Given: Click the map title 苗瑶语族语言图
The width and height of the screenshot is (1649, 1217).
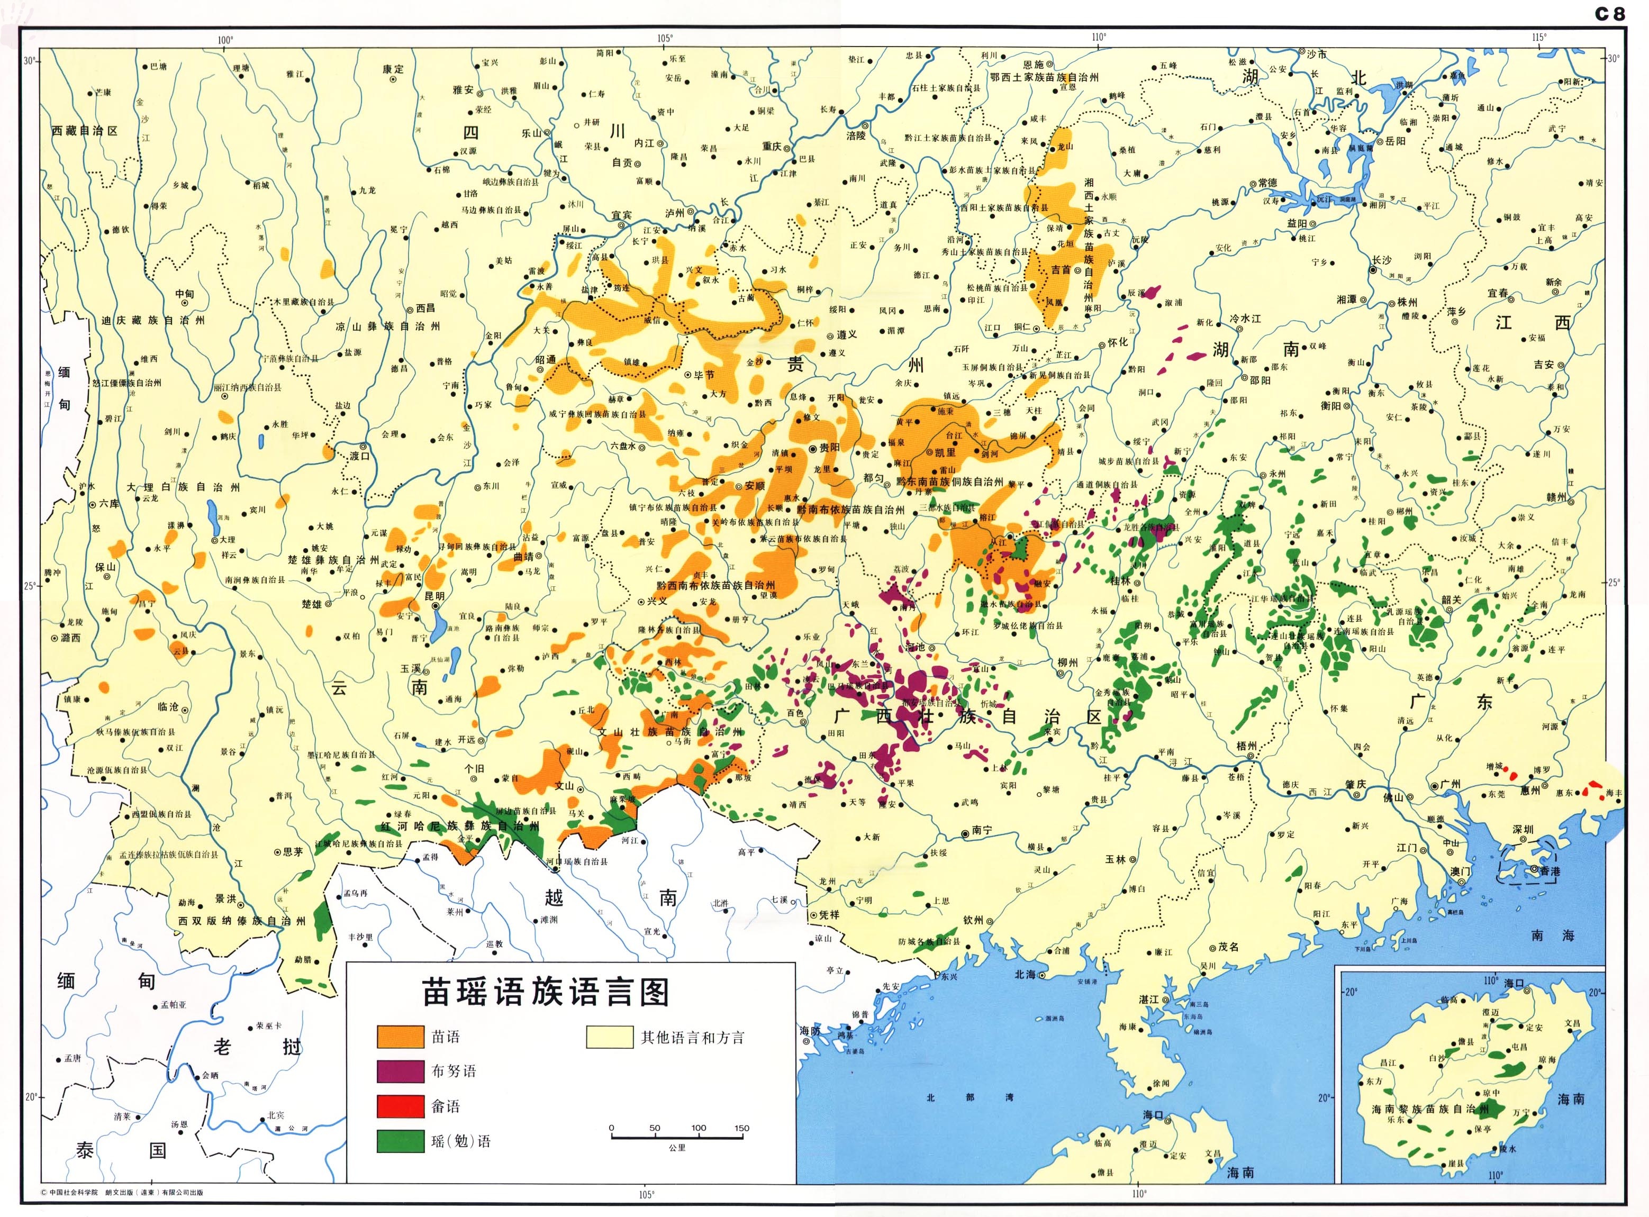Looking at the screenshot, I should coord(545,992).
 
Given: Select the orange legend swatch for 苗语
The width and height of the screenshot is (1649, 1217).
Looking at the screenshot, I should coord(400,1037).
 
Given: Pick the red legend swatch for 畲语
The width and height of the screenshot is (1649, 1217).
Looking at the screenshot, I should coord(400,1106).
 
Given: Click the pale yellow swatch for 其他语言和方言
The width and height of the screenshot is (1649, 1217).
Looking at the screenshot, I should coord(609,1037).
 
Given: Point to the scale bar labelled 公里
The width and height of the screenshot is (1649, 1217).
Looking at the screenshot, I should coord(676,1138).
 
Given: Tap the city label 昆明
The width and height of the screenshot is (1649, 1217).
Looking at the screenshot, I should coord(434,596).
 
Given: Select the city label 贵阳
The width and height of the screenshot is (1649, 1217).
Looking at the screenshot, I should coord(829,447).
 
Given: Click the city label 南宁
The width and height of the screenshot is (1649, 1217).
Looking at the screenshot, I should coord(982,830).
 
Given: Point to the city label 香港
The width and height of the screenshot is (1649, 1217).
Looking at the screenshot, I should coord(1550,871).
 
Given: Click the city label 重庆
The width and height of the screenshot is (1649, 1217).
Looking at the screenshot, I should coord(772,146).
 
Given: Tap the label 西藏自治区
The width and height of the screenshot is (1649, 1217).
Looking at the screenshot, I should coord(85,130).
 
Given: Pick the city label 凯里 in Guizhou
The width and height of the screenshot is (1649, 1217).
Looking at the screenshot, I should coord(945,452).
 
